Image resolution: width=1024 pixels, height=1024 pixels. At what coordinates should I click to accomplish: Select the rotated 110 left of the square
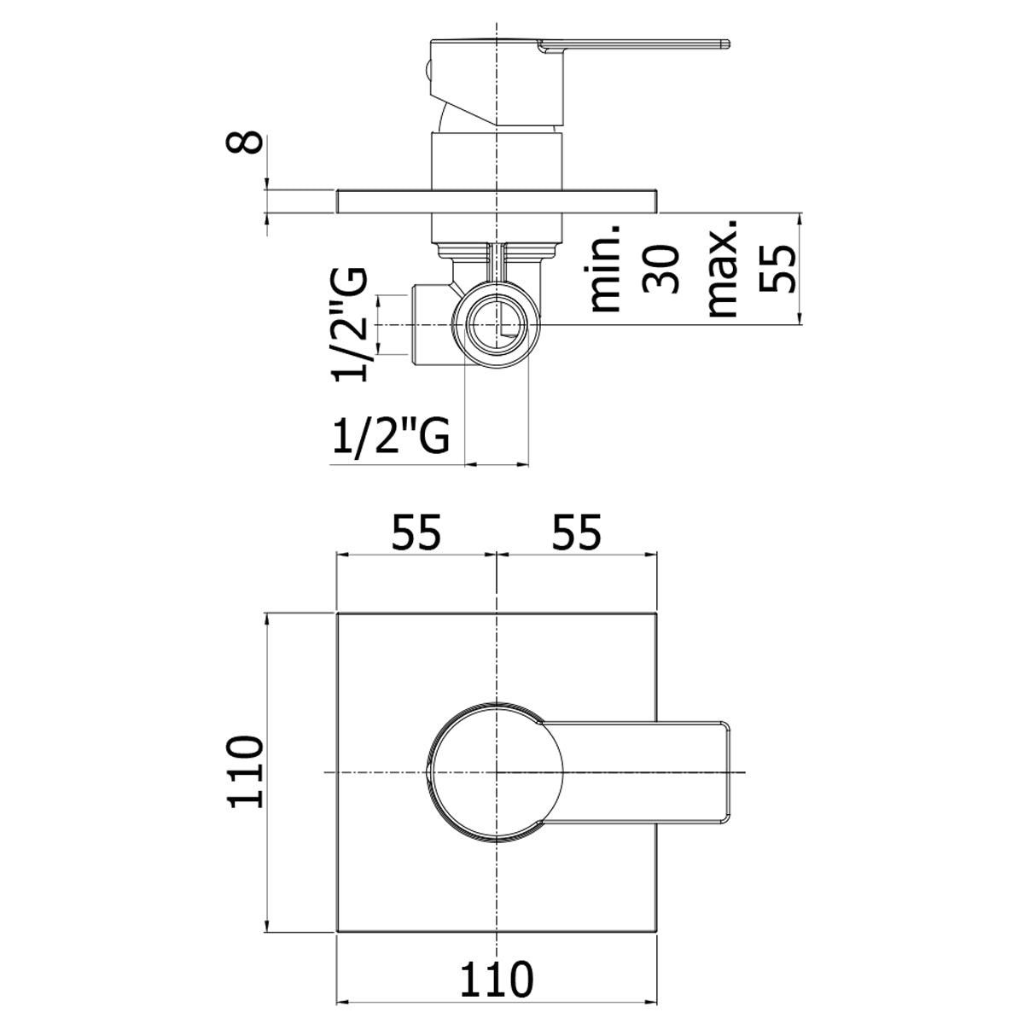(x=245, y=772)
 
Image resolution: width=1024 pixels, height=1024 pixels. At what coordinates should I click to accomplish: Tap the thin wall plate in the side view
(x=497, y=201)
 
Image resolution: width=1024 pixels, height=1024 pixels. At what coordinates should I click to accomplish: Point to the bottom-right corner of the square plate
(x=656, y=932)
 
